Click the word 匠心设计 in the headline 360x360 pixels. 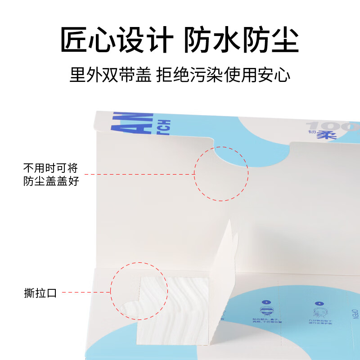point(116,41)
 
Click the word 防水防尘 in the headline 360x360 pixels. point(242,41)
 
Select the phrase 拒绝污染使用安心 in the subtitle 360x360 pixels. point(223,75)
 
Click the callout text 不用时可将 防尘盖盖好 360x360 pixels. point(50,175)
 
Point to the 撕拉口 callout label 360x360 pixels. point(40,293)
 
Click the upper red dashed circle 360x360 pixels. point(221,173)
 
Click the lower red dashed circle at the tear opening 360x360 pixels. point(138,292)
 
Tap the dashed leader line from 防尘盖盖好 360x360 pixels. point(139,174)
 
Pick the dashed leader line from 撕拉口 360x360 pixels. point(86,292)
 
